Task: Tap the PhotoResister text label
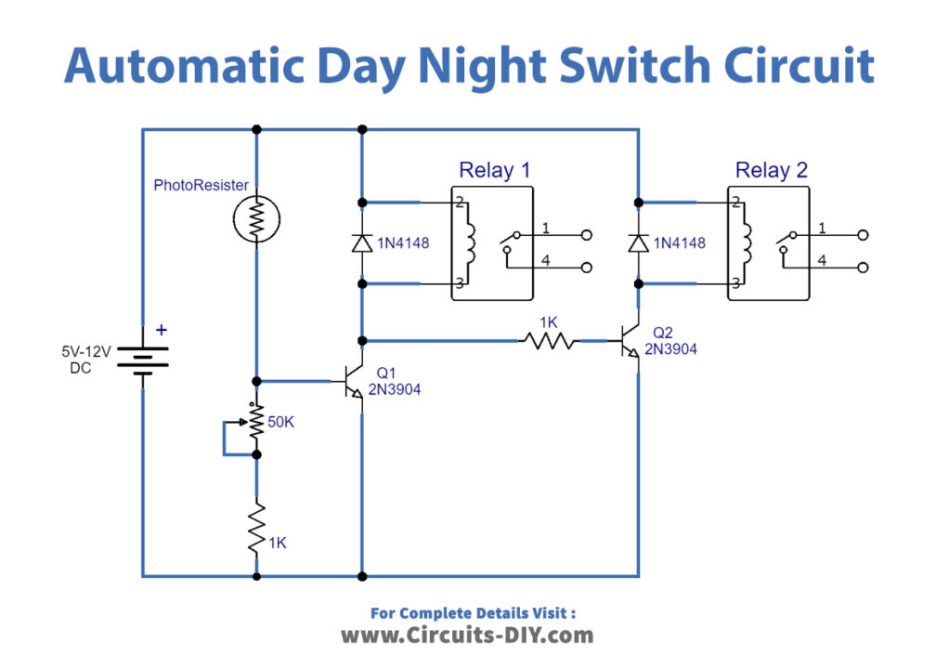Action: coord(201,186)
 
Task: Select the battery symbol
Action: coord(142,356)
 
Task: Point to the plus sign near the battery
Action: coord(162,329)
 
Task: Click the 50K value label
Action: coord(282,423)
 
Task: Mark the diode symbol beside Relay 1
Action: coord(360,243)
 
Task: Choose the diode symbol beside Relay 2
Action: coord(637,243)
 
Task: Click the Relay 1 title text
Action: coord(494,170)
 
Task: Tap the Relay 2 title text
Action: coord(771,170)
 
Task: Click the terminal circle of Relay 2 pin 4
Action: coord(864,268)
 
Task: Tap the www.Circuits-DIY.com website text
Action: coord(467,636)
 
